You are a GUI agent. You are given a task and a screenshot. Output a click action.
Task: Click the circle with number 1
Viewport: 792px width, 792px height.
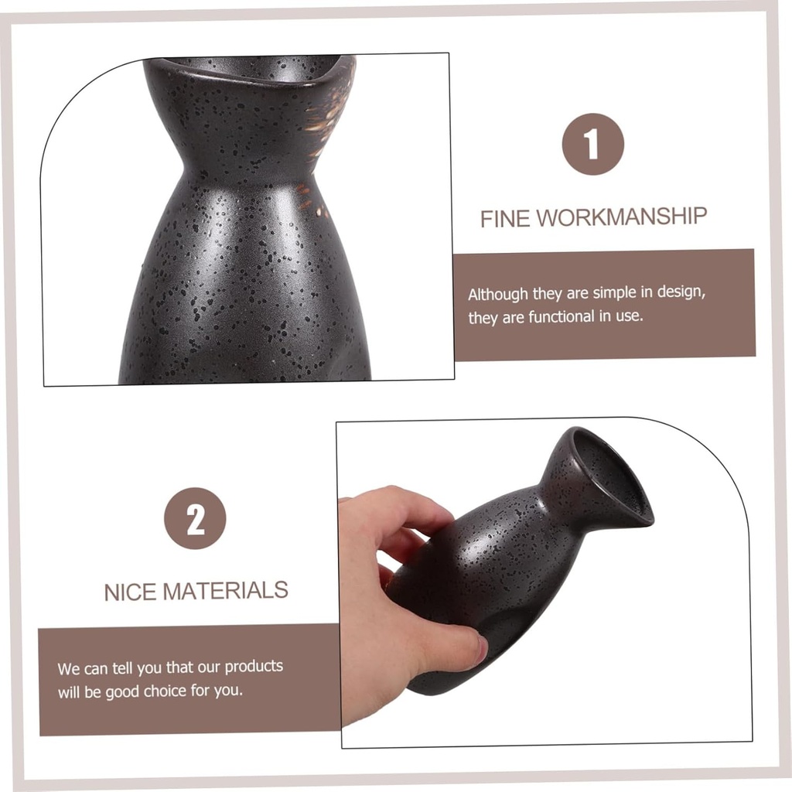click(593, 145)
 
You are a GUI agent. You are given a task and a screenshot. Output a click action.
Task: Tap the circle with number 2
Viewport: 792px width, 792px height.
click(195, 518)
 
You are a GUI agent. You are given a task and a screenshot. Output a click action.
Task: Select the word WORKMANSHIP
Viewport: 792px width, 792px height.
click(621, 217)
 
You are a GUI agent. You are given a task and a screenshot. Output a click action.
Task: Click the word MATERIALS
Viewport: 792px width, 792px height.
click(225, 590)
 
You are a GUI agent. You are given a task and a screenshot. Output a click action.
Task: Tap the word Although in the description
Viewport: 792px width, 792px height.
click(497, 295)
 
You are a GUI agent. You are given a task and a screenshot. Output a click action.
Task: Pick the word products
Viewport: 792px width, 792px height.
click(254, 667)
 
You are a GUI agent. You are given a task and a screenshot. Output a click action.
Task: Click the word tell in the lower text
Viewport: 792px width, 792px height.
click(121, 668)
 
